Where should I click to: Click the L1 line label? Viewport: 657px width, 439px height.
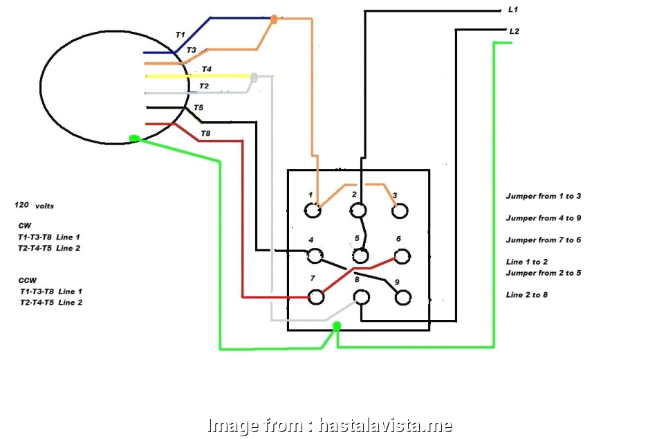(x=512, y=10)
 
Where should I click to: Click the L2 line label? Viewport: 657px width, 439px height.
(x=514, y=32)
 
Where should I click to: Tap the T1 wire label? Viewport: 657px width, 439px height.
(x=180, y=34)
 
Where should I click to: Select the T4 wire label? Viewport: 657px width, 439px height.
(x=207, y=69)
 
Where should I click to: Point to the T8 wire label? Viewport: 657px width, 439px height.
(x=205, y=133)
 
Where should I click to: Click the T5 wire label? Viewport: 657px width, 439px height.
(x=198, y=108)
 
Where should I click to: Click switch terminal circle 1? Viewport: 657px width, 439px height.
(x=313, y=210)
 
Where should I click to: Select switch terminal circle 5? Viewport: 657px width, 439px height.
(x=359, y=256)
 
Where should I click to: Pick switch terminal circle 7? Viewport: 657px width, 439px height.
(x=315, y=297)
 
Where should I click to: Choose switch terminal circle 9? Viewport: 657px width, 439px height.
(x=401, y=297)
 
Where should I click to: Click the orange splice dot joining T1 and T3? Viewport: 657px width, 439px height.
(x=274, y=19)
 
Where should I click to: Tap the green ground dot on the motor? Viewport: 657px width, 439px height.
(x=135, y=138)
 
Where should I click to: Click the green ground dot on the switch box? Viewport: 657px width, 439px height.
(x=337, y=325)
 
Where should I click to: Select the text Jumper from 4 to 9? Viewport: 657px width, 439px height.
(x=543, y=218)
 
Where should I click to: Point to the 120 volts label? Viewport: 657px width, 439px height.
(x=34, y=206)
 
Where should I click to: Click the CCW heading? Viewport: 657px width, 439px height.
(x=28, y=280)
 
